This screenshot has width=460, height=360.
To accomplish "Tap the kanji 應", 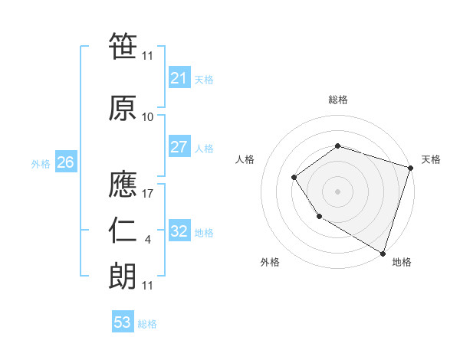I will (x=123, y=183).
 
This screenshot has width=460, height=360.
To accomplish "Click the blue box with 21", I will (x=179, y=78).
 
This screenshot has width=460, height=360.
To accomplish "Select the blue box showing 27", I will (x=179, y=148).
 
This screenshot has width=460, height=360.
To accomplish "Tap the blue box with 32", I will (x=179, y=231).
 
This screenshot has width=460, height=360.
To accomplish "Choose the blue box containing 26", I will (x=66, y=162).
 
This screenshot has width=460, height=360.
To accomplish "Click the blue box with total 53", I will (x=123, y=322).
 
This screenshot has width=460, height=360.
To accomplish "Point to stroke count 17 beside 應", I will (x=149, y=195).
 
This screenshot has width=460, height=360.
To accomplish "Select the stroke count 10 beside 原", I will (x=148, y=117).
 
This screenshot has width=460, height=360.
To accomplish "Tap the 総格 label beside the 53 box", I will (x=147, y=324).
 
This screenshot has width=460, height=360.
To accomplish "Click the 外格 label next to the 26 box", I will (x=41, y=163).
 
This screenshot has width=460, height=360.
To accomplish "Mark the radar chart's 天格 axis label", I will (x=432, y=159).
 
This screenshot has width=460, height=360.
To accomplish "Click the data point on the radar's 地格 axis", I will (x=383, y=253).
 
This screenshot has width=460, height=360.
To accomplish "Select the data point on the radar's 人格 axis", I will (x=294, y=178).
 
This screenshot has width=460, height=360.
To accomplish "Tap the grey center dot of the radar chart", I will (x=337, y=191).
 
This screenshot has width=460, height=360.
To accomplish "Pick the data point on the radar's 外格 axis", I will (x=319, y=217).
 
